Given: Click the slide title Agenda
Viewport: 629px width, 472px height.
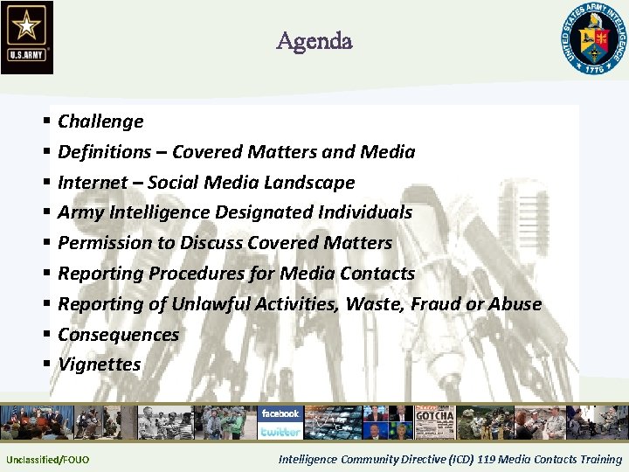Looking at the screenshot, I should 314,40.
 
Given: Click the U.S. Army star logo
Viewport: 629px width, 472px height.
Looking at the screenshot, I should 27,37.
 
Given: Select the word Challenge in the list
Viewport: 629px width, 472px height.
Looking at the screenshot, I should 100,121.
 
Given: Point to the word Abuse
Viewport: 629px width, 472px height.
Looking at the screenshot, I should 517,304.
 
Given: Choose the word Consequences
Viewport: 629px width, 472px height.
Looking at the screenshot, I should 118,335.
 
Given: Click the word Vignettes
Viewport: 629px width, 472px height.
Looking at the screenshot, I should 99,364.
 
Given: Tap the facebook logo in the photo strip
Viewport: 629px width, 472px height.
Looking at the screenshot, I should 280,413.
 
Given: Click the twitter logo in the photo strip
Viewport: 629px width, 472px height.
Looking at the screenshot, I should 280,431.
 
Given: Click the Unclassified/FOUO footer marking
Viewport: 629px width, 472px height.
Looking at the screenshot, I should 47,460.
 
